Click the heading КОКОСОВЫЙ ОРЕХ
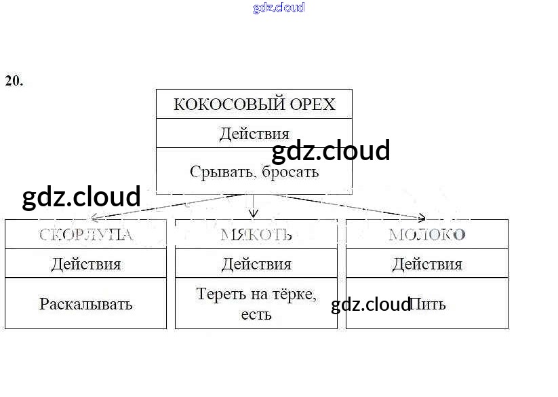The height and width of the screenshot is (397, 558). coord(254,104)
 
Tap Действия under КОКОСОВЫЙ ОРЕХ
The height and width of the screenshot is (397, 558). coord(254,134)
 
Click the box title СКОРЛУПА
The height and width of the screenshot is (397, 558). coord(85,235)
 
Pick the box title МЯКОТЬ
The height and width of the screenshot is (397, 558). coord(256,235)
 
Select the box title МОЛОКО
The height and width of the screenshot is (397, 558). coord(427,235)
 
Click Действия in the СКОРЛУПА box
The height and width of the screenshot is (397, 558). coord(85,264)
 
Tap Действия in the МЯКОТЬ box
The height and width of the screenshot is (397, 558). coord(256,264)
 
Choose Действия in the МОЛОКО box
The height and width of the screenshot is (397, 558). coord(427,264)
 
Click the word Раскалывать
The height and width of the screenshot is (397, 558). coord(85,303)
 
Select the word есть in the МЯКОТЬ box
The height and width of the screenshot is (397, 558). coord(256,314)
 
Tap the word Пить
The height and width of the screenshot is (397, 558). coord(429,304)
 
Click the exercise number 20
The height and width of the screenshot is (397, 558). coord(14,81)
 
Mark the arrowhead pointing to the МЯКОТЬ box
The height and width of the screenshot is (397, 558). coord(254,214)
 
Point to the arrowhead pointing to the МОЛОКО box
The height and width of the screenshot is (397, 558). coord(421,218)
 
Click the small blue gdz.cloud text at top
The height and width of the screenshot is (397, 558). coord(279,7)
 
